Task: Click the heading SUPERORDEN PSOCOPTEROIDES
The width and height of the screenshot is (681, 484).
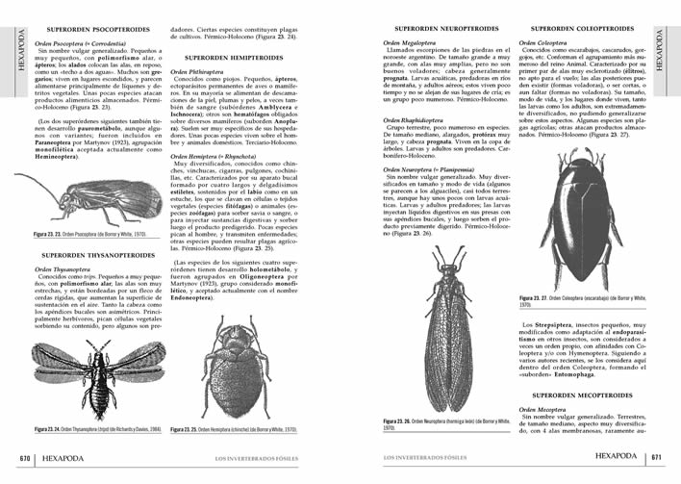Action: [87, 30]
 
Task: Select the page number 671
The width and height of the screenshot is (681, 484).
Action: [655, 456]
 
